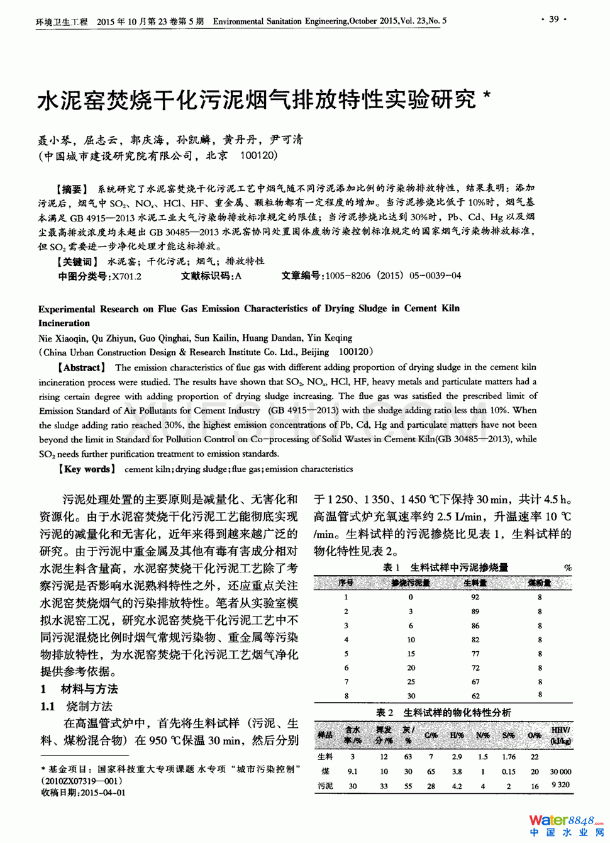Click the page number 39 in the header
(553, 20)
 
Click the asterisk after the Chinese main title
(486, 96)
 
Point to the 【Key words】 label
(87, 469)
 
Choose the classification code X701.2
(126, 276)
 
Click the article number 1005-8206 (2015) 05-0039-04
(393, 276)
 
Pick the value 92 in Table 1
(475, 597)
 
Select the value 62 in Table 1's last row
(475, 696)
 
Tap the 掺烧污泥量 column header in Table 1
(410, 583)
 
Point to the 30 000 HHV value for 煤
(560, 771)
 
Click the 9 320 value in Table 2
(560, 785)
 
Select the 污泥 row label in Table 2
(325, 786)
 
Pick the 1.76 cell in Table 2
(509, 757)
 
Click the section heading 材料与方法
(89, 689)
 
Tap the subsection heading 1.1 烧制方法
(76, 706)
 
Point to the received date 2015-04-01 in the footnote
(103, 793)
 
